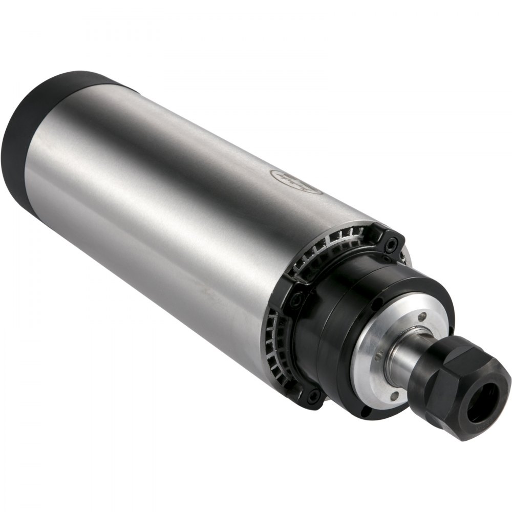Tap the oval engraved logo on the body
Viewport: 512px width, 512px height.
pos(296,182)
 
